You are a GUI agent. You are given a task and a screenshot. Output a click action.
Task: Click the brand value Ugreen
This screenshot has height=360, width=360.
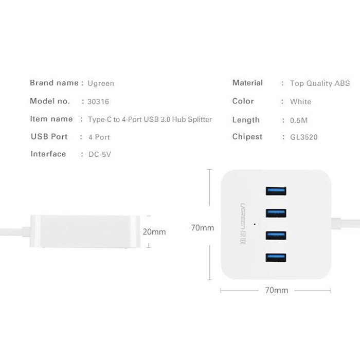(x=101, y=83)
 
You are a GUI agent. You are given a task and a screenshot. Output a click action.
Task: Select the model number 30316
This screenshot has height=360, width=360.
(x=98, y=102)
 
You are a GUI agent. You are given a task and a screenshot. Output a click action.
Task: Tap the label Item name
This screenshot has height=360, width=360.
(x=51, y=119)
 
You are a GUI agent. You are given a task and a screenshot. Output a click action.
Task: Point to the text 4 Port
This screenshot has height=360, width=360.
(x=99, y=137)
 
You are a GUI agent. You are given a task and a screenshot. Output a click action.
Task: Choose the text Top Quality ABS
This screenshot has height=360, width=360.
(x=319, y=83)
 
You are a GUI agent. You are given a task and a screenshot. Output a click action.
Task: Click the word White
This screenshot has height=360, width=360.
(x=300, y=102)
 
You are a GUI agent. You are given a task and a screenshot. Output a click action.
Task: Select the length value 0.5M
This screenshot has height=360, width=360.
(x=298, y=120)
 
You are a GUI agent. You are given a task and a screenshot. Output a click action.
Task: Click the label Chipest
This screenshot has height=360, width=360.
(x=247, y=137)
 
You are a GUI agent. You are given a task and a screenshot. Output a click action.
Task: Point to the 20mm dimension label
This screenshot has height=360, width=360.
(x=154, y=232)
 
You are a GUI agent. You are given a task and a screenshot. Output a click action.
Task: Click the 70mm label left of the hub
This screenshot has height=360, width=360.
(x=202, y=228)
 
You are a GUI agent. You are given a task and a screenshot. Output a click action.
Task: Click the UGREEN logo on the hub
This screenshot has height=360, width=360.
(x=243, y=217)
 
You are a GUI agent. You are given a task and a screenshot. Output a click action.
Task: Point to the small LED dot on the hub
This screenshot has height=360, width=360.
(x=256, y=224)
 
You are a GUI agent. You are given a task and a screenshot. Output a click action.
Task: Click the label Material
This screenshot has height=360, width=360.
(x=247, y=83)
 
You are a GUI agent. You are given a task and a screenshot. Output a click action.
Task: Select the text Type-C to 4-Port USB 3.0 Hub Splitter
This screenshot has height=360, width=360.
(x=150, y=119)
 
